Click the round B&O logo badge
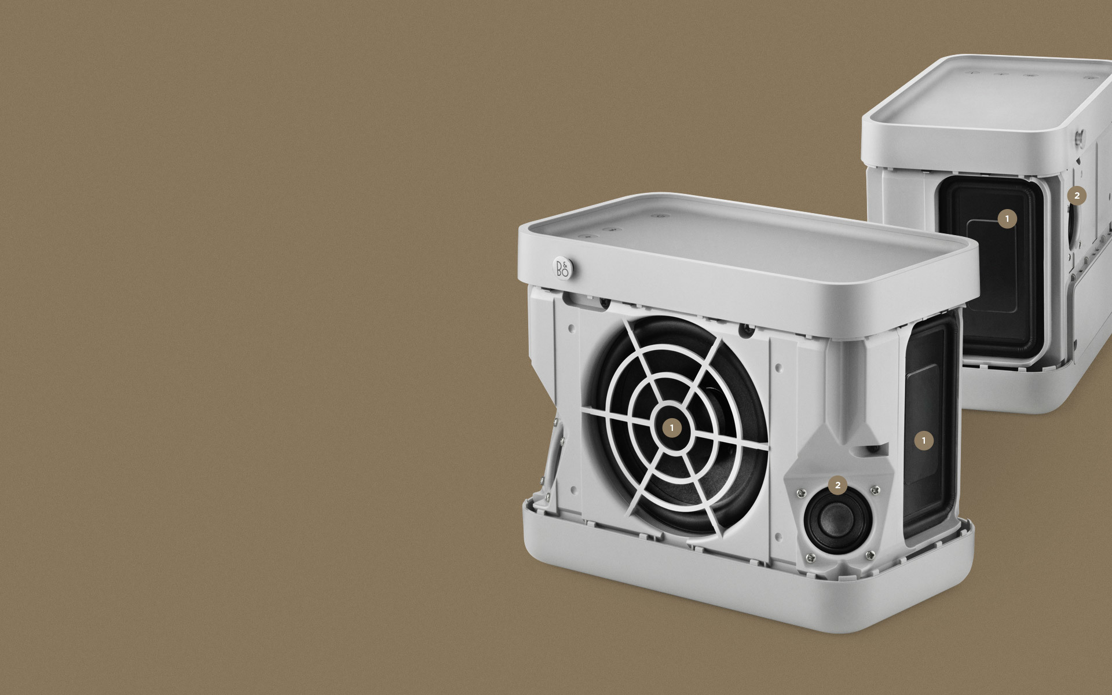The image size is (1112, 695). (562, 268)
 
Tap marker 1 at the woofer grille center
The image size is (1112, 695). (672, 428)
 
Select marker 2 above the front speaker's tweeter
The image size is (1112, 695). (837, 485)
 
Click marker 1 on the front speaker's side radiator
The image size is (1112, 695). (924, 441)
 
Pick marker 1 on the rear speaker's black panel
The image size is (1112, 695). (1007, 219)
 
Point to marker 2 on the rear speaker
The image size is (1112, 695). (1077, 196)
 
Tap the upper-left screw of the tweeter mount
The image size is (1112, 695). (801, 493)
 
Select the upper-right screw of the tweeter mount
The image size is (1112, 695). (875, 491)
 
